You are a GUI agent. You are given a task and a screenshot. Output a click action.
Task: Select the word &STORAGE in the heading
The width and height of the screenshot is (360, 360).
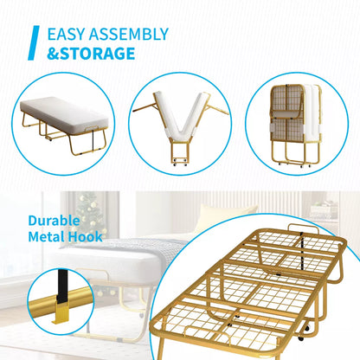click(91, 54)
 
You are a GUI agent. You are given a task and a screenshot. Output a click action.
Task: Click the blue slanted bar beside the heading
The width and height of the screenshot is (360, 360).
click(34, 44)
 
